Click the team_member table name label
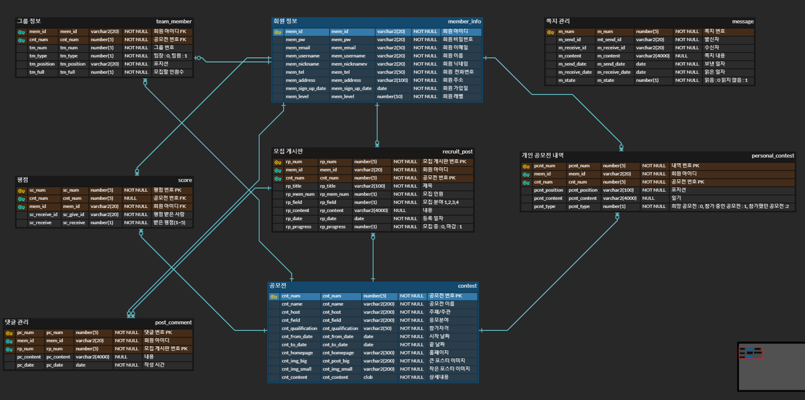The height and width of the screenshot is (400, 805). (x=174, y=22)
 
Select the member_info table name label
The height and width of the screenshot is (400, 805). (x=464, y=22)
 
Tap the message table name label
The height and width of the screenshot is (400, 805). (x=742, y=22)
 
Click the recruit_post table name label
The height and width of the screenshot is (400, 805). (x=457, y=152)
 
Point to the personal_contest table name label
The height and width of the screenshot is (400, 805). (x=773, y=156)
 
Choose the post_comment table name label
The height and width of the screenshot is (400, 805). (x=173, y=322)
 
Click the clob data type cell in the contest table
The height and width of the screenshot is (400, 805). (x=368, y=377)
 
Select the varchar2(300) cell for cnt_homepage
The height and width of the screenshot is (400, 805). (x=378, y=353)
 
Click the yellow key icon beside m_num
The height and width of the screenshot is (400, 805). (x=550, y=32)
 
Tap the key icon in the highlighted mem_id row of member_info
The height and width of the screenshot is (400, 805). (x=278, y=32)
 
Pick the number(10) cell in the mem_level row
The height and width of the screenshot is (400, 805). (x=389, y=97)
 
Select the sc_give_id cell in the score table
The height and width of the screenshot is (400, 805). (x=73, y=215)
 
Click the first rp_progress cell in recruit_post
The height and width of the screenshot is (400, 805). (x=298, y=227)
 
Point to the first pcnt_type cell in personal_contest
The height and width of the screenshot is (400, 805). (x=544, y=206)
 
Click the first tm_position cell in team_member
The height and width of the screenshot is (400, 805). (x=41, y=64)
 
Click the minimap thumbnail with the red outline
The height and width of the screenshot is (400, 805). (x=750, y=353)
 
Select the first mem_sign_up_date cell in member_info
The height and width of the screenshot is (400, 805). (x=306, y=88)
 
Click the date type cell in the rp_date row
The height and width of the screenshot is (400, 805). (x=359, y=218)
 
